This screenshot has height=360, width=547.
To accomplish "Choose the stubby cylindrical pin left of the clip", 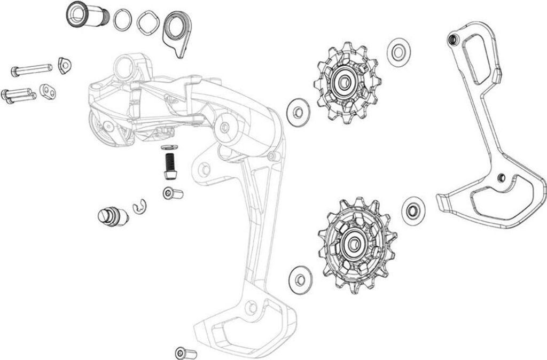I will tap(112, 215).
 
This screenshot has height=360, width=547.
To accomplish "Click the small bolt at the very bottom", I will tap(186, 353).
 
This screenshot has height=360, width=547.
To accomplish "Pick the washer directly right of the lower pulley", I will tap(412, 209).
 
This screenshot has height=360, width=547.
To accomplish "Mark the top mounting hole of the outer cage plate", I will tap(454, 39).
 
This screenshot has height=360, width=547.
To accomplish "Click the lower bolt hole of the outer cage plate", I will tap(500, 177).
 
